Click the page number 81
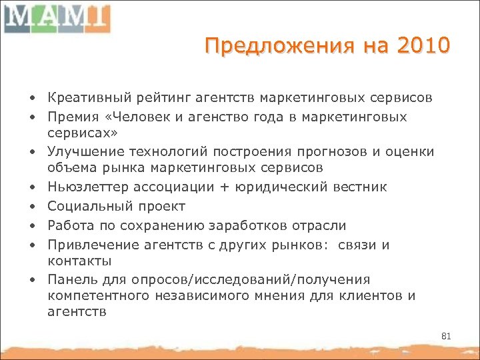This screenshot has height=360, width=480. pyautogui.click(x=446, y=336)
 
